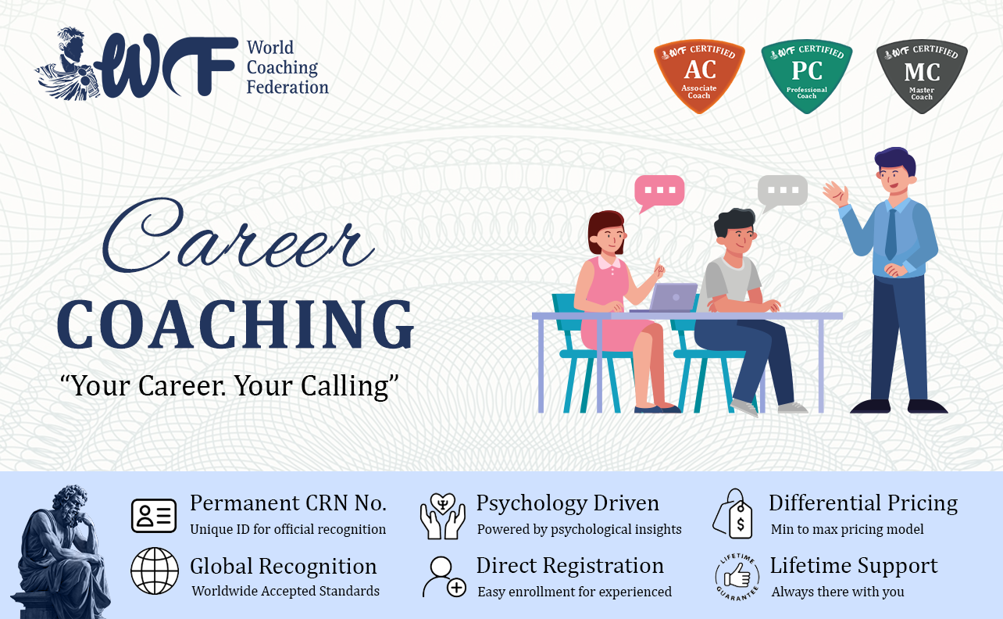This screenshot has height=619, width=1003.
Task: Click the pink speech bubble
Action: point(659,192)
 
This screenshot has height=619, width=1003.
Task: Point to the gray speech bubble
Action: point(782,192)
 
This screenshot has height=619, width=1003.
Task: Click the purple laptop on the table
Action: point(667,298)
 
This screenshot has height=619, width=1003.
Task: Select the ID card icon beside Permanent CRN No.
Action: point(154,516)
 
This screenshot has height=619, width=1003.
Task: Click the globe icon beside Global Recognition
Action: point(155,571)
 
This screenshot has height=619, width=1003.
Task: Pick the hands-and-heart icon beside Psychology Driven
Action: point(443,516)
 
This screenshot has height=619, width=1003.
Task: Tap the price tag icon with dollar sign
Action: point(733,514)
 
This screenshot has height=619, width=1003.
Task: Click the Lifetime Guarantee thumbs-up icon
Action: point(737,577)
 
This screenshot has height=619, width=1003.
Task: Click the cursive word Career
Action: point(238,234)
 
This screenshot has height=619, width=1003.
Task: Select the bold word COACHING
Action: point(236,324)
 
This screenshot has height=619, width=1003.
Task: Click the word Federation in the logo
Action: point(287,87)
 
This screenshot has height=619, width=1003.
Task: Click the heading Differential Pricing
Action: point(863,503)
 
